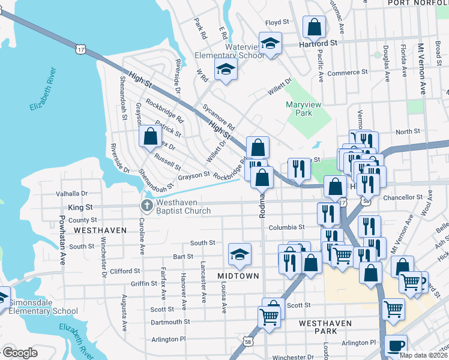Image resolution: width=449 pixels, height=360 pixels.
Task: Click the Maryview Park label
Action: coord(307,108)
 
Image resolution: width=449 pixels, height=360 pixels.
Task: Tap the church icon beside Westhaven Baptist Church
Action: coord(146,206)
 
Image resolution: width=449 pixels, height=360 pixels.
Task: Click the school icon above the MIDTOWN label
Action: coord(240,255)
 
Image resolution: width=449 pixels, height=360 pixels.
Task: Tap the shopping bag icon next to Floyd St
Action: coord(314,26)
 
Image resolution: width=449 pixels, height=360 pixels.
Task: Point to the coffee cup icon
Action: coord(396,346)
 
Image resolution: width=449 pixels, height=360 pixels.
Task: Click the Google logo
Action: coord(19,353)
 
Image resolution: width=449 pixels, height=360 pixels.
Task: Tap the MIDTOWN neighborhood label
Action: coord(238,276)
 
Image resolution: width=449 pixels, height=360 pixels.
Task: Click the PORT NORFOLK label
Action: coord(418,3)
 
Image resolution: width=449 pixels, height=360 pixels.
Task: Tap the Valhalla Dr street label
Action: coord(71,194)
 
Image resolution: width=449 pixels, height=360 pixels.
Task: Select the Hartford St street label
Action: coord(318,44)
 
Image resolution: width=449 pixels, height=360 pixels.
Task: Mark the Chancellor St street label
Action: coord(403,197)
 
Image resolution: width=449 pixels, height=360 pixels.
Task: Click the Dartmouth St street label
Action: coord(170,322)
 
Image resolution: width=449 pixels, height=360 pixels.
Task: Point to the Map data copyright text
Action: coord(424,355)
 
